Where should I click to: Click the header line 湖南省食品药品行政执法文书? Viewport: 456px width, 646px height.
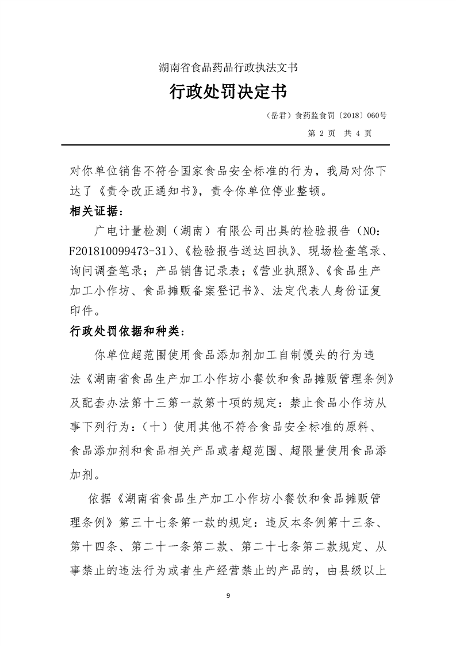228,67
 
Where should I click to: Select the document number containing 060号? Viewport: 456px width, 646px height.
328,115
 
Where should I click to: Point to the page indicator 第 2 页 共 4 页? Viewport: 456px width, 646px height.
340,132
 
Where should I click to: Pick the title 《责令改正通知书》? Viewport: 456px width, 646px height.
146,190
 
